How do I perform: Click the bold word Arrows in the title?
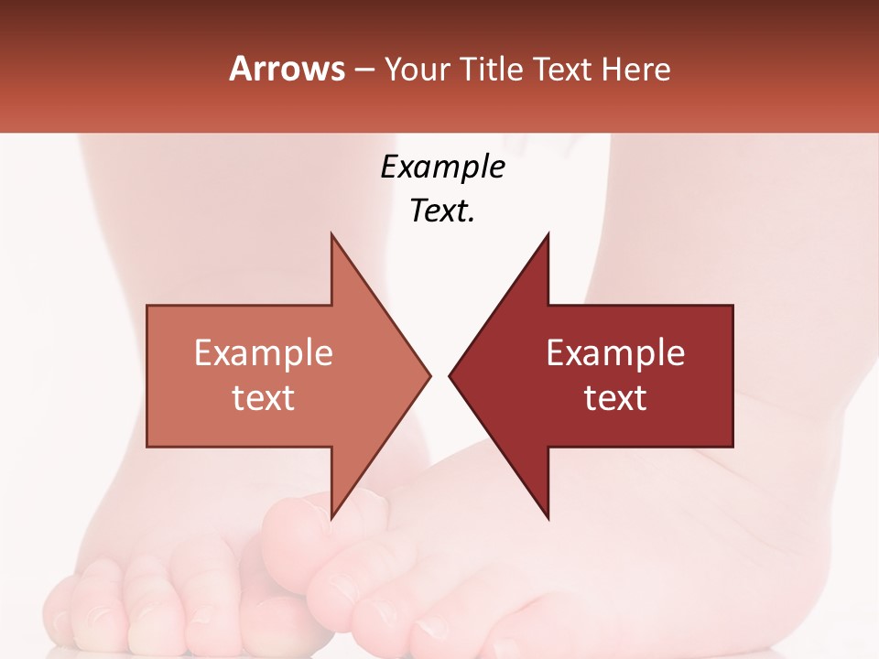click(287, 70)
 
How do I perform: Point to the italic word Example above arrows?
click(442, 167)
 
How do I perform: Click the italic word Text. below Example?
click(442, 211)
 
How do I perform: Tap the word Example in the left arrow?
click(264, 353)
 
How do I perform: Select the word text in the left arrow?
click(264, 398)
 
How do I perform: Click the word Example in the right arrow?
click(615, 353)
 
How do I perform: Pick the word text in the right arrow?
click(615, 398)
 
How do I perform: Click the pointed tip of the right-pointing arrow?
click(429, 375)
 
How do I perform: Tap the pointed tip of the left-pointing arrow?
click(450, 375)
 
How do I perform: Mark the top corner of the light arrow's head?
click(331, 234)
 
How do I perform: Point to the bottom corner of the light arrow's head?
click(331, 517)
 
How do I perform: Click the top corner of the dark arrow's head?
click(548, 234)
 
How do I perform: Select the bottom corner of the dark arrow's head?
click(548, 518)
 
